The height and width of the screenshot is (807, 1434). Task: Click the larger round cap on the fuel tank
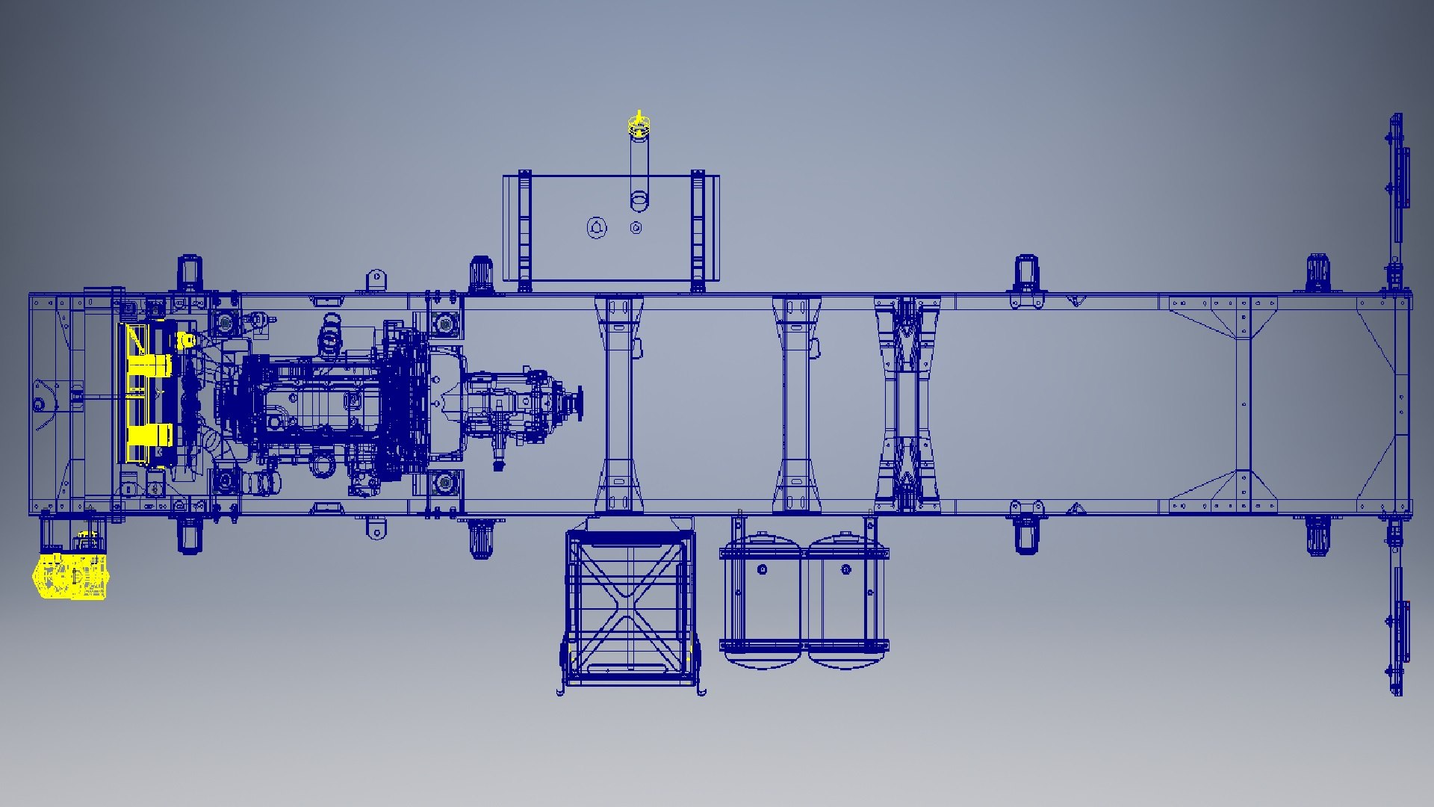point(597,228)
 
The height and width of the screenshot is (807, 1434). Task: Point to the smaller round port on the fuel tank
point(636,228)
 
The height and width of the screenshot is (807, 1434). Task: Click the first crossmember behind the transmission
point(618,403)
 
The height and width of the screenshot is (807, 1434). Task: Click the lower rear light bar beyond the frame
point(1397,620)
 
